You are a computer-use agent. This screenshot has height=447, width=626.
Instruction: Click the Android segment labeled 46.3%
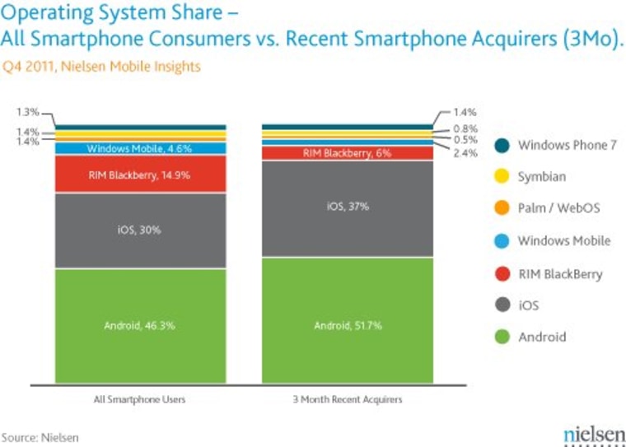click(140, 326)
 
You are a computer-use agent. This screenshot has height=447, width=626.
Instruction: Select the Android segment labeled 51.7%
click(347, 326)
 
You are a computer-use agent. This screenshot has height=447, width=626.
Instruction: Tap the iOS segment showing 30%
click(140, 230)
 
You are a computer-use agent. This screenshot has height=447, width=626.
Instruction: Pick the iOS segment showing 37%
click(347, 207)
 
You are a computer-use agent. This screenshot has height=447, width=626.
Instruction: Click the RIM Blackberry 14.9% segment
click(140, 174)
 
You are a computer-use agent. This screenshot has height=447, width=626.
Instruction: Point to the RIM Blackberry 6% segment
click(347, 153)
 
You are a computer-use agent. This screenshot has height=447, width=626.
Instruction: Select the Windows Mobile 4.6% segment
click(140, 149)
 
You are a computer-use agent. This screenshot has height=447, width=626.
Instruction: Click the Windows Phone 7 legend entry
click(555, 146)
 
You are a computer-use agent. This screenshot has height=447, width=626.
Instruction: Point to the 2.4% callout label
click(465, 153)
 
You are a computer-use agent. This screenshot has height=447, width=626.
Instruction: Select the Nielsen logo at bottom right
click(589, 434)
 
